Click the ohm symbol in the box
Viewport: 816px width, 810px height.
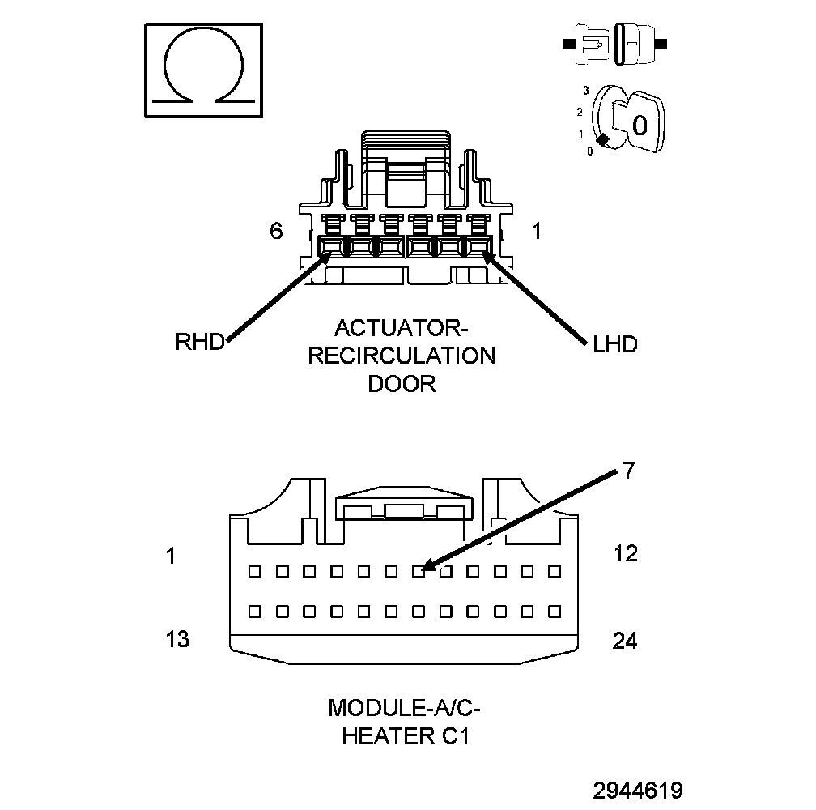[x=203, y=71]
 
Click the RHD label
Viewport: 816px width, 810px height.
[x=199, y=342]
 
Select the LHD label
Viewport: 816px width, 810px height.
[x=614, y=344]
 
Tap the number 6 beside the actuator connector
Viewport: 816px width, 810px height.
[x=276, y=231]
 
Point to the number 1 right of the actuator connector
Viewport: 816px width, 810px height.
[x=536, y=231]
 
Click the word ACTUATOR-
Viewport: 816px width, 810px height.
[x=402, y=328]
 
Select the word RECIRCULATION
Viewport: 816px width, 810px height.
[x=402, y=356]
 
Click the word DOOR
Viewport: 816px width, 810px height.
[x=402, y=383]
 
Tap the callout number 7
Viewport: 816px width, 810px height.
[x=629, y=471]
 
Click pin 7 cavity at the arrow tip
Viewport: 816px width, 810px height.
[x=419, y=571]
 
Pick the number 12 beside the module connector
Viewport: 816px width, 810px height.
[x=625, y=553]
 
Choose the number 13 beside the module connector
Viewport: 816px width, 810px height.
[x=177, y=639]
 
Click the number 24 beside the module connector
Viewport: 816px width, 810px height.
[x=625, y=641]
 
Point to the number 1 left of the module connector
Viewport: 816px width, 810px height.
[x=171, y=556]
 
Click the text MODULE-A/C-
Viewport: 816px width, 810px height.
[x=404, y=708]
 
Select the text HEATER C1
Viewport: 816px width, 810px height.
[x=404, y=736]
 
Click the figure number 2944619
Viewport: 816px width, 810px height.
[x=637, y=791]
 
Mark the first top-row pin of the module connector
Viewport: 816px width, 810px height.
[x=255, y=571]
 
